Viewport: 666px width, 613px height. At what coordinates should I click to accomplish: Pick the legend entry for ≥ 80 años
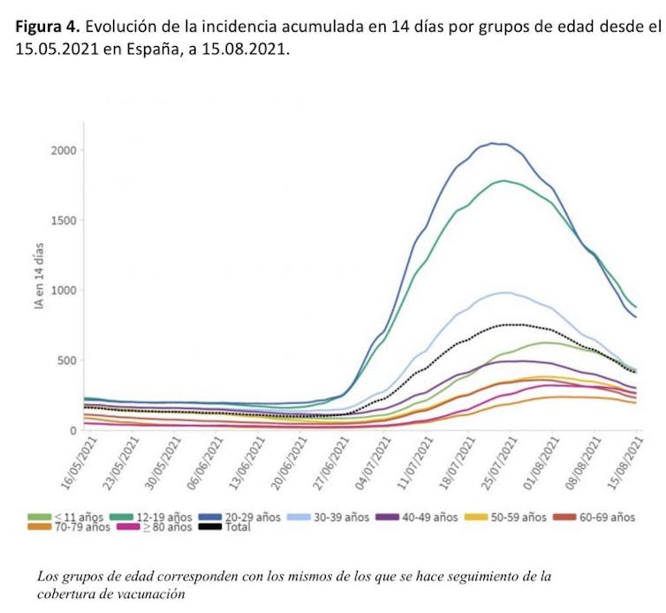[162, 527]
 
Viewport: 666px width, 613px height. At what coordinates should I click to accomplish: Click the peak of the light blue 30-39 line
[505, 292]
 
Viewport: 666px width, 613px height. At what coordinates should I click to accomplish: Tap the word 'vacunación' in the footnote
[154, 594]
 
